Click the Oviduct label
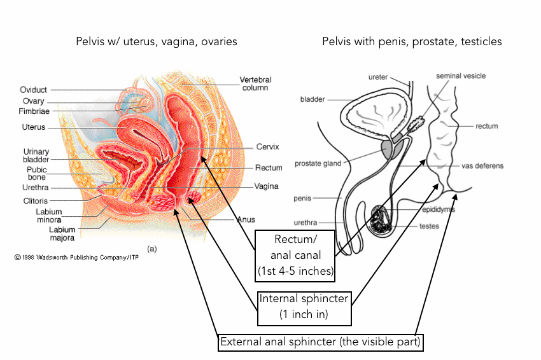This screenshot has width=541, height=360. coord(33,90)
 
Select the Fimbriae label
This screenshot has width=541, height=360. coord(35,111)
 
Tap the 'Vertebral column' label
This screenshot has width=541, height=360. coord(255,83)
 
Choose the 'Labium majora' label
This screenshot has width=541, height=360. coord(62,234)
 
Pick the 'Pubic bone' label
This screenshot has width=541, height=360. coord(36,174)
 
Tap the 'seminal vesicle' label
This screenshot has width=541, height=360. coord(460,76)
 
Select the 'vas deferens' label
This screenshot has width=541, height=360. coord(482,166)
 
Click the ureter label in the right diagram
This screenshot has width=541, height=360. coord(378,77)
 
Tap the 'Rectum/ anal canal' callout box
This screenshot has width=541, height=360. coord(295,255)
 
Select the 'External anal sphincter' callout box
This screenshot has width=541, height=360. coord(320,342)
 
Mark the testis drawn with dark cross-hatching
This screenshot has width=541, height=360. coord(382,219)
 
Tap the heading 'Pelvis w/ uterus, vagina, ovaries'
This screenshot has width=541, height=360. coord(156,41)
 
